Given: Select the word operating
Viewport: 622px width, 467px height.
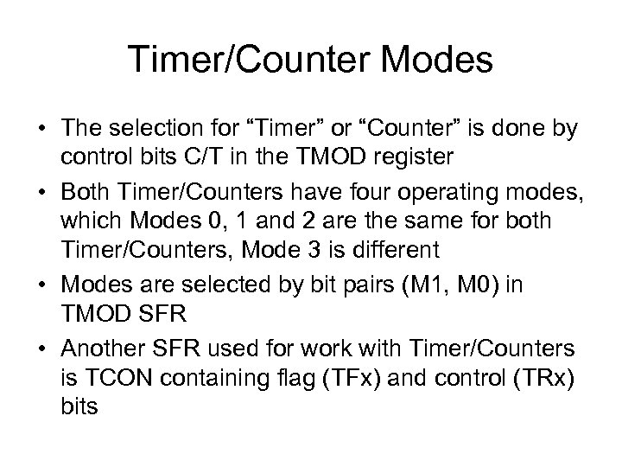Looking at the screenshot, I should pos(421,189).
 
